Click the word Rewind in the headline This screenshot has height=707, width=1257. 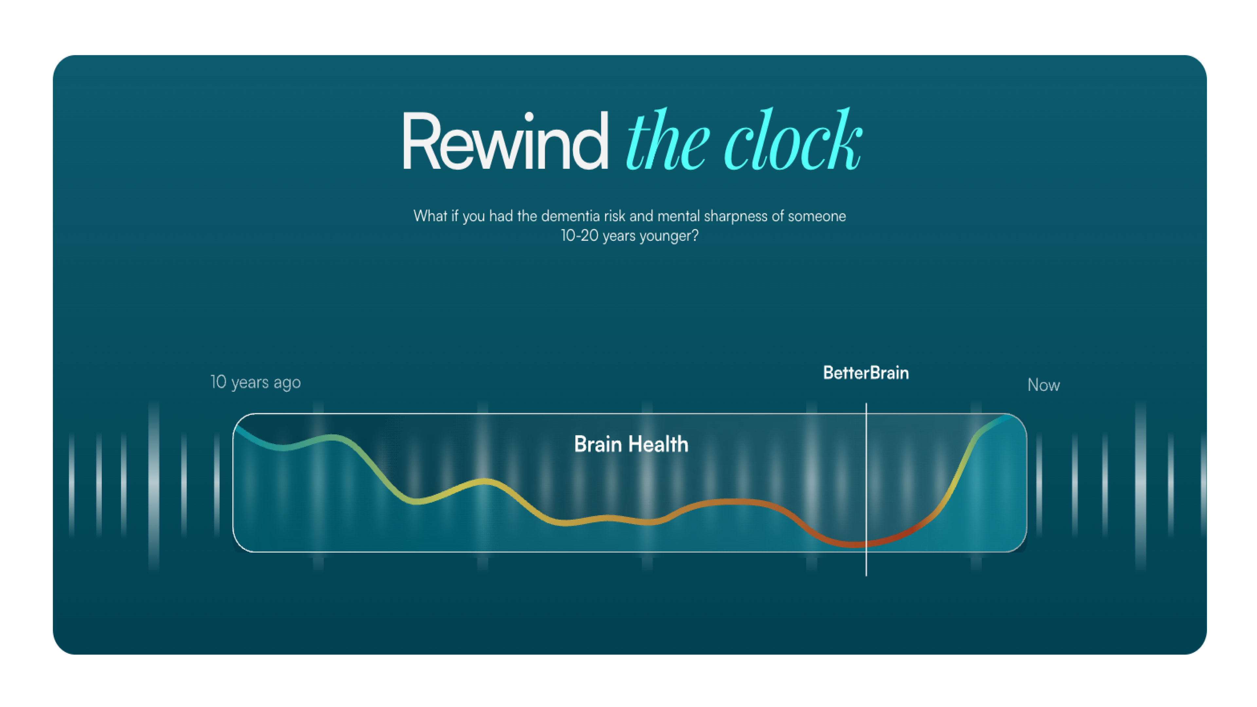tap(505, 140)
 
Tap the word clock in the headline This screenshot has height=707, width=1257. tap(793, 139)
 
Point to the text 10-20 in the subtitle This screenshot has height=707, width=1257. tap(579, 236)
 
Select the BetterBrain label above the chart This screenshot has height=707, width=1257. tap(865, 373)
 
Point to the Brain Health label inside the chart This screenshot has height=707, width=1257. tap(631, 444)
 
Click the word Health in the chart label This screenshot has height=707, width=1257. tap(658, 444)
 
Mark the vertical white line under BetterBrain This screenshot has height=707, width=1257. tap(866, 489)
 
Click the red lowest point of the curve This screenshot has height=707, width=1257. tap(854, 544)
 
